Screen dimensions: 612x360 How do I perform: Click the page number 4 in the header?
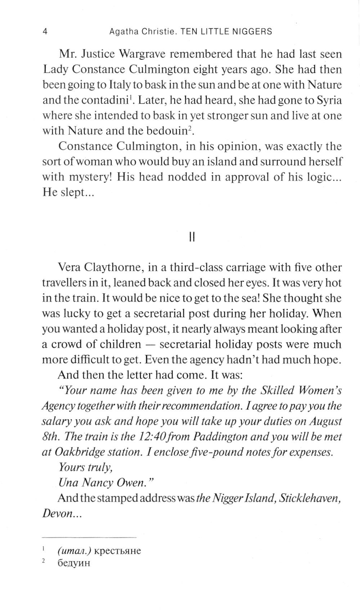pyautogui.click(x=45, y=32)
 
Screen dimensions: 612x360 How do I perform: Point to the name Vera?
pyautogui.click(x=69, y=268)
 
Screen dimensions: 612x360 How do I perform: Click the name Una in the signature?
pyautogui.click(x=67, y=483)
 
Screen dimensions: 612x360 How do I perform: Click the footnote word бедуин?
pyautogui.click(x=73, y=563)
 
